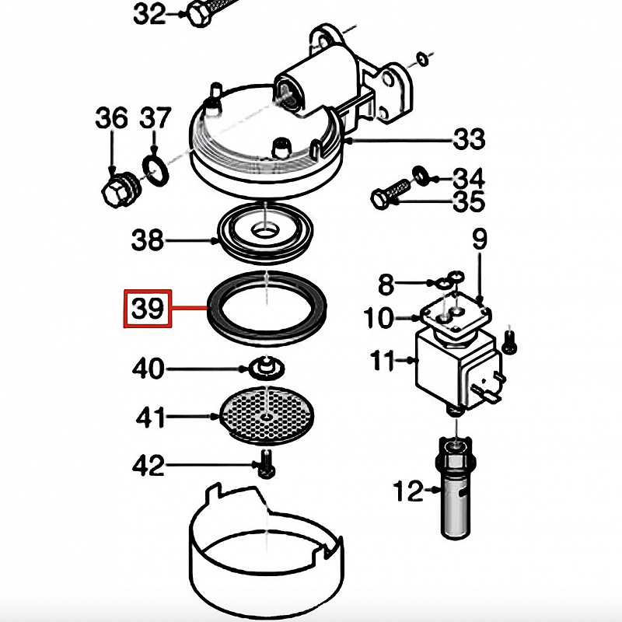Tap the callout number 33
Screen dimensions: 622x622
[x=470, y=138]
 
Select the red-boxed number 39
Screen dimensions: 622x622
[x=148, y=309]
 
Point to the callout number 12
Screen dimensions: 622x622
[x=409, y=491]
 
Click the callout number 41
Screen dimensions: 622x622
[x=150, y=417]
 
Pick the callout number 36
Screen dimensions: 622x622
[x=111, y=117]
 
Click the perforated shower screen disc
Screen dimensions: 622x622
[x=267, y=416]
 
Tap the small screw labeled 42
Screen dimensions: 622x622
[x=266, y=463]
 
